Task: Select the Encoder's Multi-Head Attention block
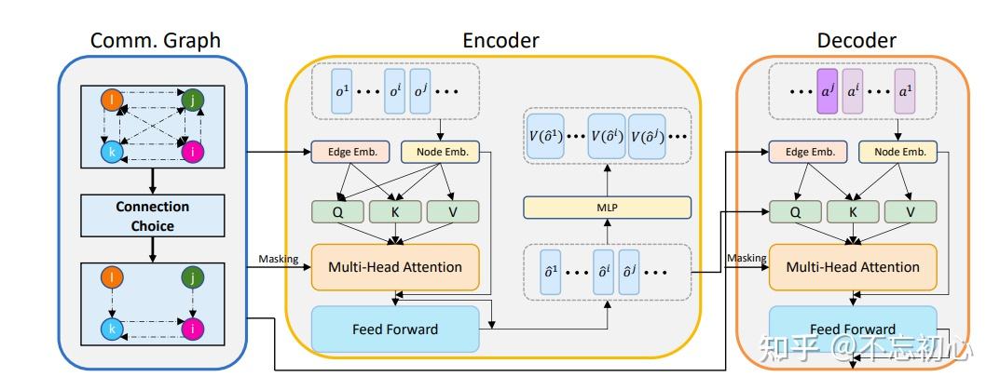pyautogui.click(x=394, y=267)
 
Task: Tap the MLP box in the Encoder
pyautogui.click(x=607, y=208)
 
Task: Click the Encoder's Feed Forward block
pyautogui.click(x=394, y=329)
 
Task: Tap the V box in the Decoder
pyautogui.click(x=911, y=211)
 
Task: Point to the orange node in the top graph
pyautogui.click(x=112, y=97)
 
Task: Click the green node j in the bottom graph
pyautogui.click(x=193, y=276)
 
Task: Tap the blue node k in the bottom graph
pyautogui.click(x=112, y=329)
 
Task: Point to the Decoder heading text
pyautogui.click(x=856, y=40)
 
